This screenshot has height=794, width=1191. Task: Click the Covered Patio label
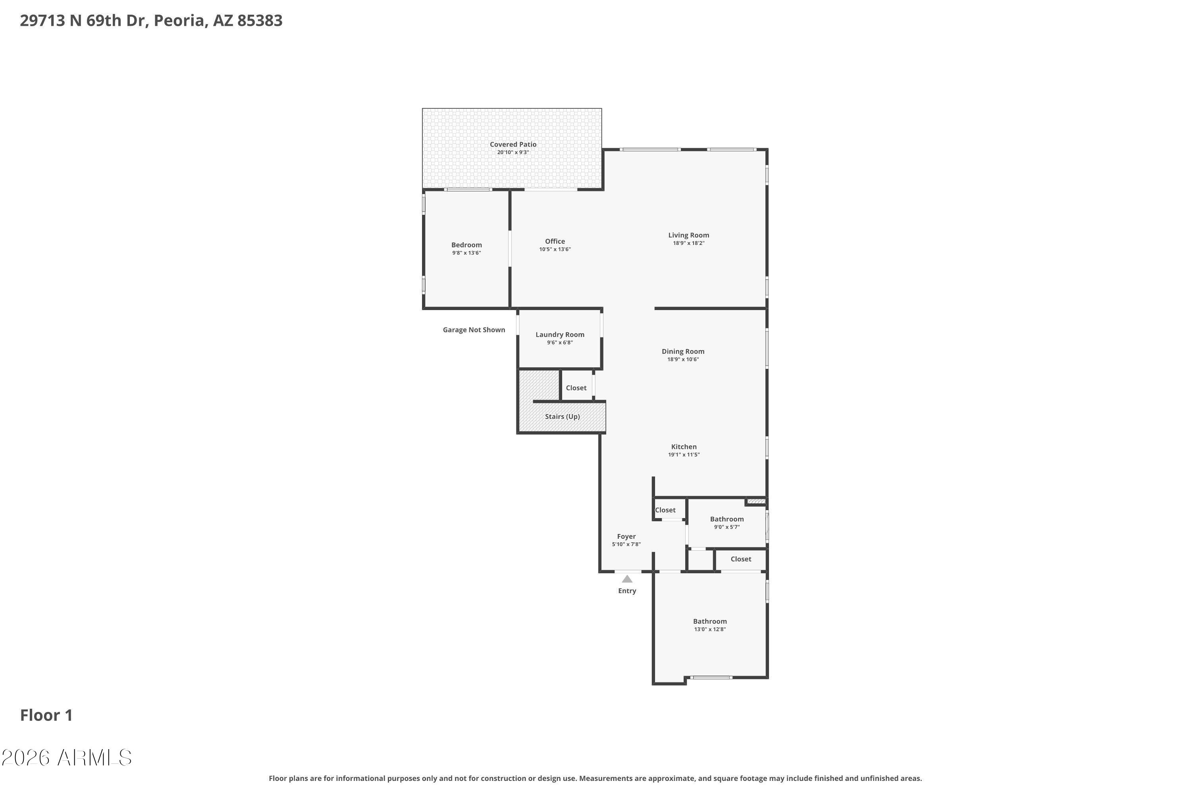pyautogui.click(x=513, y=145)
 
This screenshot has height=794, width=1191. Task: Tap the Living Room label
pyautogui.click(x=689, y=235)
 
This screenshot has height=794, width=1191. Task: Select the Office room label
pyautogui.click(x=555, y=241)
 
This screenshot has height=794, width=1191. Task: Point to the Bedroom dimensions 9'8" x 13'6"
pyautogui.click(x=466, y=252)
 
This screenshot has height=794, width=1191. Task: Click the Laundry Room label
pyautogui.click(x=560, y=335)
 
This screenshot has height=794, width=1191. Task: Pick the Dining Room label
pyautogui.click(x=683, y=351)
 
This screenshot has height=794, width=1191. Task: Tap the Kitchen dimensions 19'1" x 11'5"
pyautogui.click(x=684, y=455)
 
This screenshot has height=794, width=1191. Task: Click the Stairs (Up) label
pyautogui.click(x=562, y=416)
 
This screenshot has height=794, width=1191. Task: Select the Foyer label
pyautogui.click(x=626, y=536)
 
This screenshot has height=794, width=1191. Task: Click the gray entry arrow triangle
pyautogui.click(x=627, y=579)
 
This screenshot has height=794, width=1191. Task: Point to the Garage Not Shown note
pyautogui.click(x=474, y=330)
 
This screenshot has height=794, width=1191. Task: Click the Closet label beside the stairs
pyautogui.click(x=576, y=388)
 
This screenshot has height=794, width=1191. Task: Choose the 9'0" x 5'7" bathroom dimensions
pyautogui.click(x=727, y=527)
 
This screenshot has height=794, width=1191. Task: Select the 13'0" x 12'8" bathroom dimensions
pyautogui.click(x=710, y=629)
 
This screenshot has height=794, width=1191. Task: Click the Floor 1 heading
pyautogui.click(x=46, y=715)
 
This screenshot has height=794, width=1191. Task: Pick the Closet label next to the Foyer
pyautogui.click(x=665, y=510)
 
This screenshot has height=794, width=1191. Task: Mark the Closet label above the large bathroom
pyautogui.click(x=741, y=559)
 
